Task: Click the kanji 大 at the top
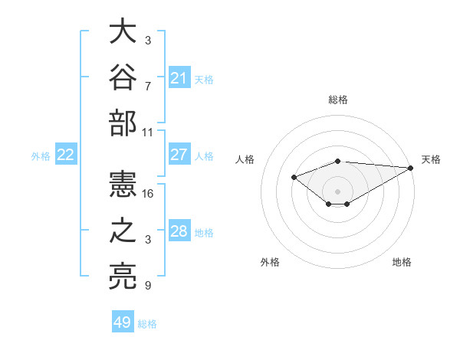coord(123,31)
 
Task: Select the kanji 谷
coord(123,77)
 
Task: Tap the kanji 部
coord(123,123)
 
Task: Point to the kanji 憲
coord(123,184)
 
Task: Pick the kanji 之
coord(123,230)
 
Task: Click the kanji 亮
coord(123,277)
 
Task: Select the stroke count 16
coord(147,194)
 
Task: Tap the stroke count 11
coord(147,133)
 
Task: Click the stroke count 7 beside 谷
coord(148,87)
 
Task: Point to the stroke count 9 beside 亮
coord(148,285)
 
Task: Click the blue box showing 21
coord(179,77)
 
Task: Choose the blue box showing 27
coord(179,154)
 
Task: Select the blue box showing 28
coord(179,230)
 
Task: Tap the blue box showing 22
coord(66,154)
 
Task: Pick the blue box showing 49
coord(123,321)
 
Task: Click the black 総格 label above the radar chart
coord(338,100)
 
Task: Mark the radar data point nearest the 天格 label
coord(411,168)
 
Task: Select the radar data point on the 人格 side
coord(294,177)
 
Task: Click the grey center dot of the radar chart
coord(337,191)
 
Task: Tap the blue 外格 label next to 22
coord(41,156)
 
